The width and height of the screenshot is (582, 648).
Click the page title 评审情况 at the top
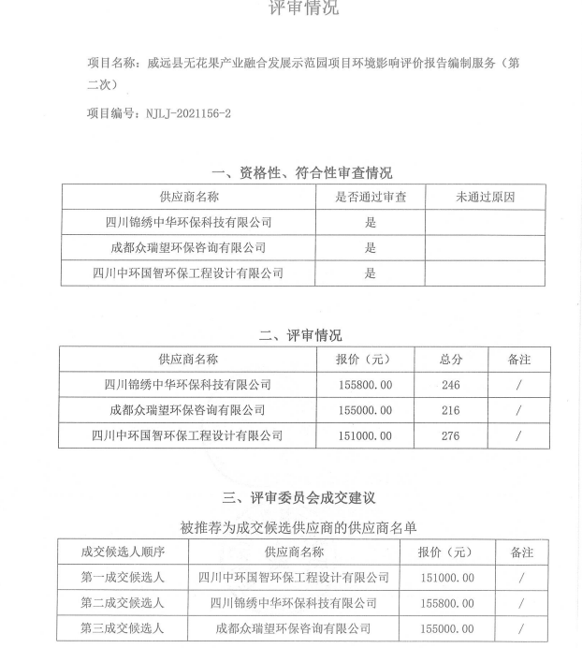[303, 9]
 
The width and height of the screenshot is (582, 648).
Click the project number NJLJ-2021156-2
[187, 113]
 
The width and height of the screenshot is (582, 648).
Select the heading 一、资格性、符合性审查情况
[302, 172]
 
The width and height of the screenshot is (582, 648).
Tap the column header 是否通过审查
[371, 198]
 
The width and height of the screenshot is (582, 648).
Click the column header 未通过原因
[485, 198]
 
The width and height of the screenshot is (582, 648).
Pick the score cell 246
[451, 385]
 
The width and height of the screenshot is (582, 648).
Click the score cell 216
[451, 410]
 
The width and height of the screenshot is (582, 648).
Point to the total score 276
[451, 435]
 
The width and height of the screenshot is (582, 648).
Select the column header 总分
[451, 360]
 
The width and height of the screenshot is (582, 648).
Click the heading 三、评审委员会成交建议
[298, 498]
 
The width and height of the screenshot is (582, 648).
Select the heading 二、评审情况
[299, 335]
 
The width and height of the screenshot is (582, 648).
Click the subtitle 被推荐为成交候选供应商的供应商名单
[298, 527]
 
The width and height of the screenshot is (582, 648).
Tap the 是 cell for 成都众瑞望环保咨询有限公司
[371, 248]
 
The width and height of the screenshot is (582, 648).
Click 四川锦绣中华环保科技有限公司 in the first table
[188, 223]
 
